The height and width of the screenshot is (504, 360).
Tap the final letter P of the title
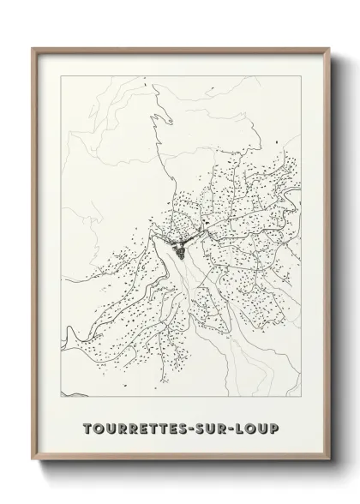pos(274,427)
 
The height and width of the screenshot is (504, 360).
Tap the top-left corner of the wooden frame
pos(32,48)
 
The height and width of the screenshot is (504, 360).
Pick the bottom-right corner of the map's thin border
pos(303,396)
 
